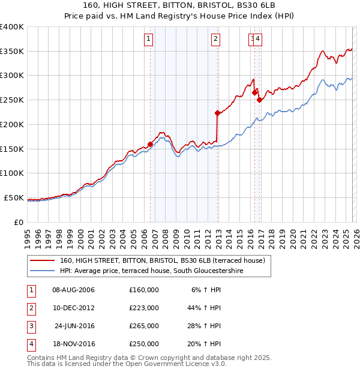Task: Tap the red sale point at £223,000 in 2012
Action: click(x=217, y=113)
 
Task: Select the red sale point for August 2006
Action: click(x=150, y=143)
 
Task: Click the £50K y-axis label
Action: click(x=14, y=197)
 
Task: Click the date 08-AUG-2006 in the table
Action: click(x=74, y=290)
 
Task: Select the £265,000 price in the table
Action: click(x=144, y=327)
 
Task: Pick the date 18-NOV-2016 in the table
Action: click(x=74, y=345)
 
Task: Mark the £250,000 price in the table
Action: click(x=144, y=345)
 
